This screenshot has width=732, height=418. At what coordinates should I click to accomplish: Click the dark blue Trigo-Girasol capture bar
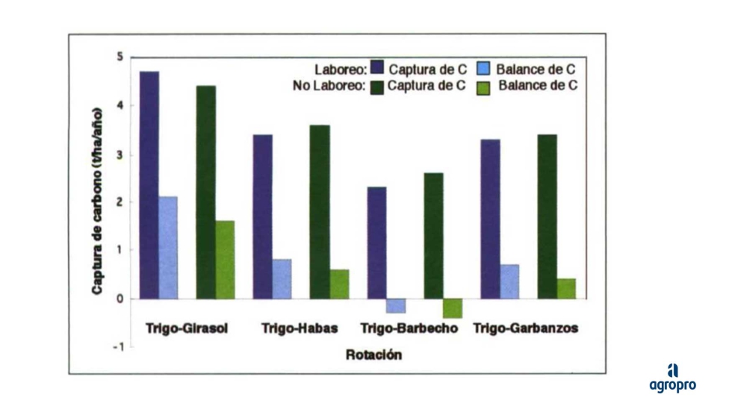coord(149,185)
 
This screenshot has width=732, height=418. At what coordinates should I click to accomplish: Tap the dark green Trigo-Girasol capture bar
coord(206,192)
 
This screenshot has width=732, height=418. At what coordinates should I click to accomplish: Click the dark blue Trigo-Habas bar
coord(263,216)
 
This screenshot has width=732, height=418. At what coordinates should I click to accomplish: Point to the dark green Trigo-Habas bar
coord(320,212)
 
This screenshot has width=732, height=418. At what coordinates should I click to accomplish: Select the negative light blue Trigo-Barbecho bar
coord(396,305)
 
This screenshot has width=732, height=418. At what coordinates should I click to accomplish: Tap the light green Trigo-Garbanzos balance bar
coord(566,289)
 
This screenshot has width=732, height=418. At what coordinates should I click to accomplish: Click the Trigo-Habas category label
coord(300,328)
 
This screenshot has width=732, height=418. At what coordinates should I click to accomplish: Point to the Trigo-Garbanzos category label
coord(526,328)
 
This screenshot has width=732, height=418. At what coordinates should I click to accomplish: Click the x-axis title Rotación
coord(373,355)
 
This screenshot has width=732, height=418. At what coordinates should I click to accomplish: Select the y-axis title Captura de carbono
coord(98,200)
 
